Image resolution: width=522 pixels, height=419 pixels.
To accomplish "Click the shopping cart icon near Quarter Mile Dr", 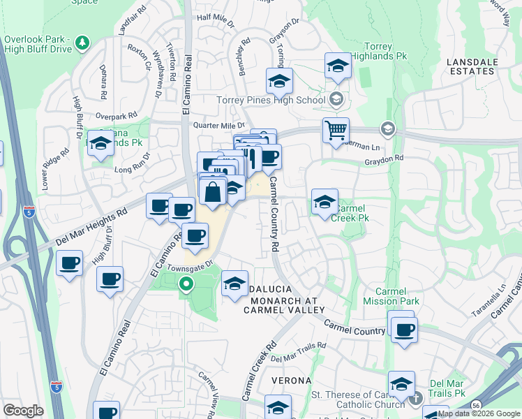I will pyautogui.click(x=336, y=129).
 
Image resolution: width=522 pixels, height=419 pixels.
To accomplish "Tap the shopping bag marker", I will pyautogui.click(x=214, y=191).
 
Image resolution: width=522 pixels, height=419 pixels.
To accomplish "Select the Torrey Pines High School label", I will pyautogui.click(x=271, y=100).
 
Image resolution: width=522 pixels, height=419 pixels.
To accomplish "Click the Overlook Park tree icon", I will pyautogui.click(x=83, y=43).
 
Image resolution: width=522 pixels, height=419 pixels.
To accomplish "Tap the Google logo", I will pyautogui.click(x=23, y=411).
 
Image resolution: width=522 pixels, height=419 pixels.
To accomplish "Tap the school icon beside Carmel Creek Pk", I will pyautogui.click(x=324, y=203).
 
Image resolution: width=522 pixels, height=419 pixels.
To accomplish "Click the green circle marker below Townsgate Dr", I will pyautogui.click(x=186, y=284).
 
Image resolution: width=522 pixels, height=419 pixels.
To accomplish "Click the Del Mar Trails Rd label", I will pyautogui.click(x=299, y=352).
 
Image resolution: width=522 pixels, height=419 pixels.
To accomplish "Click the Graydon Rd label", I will pyautogui.click(x=383, y=159).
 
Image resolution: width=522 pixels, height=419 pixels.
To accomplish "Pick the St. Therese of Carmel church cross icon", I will pyautogui.click(x=416, y=399).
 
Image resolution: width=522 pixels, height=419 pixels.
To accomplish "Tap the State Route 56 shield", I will pyautogui.click(x=475, y=405).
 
